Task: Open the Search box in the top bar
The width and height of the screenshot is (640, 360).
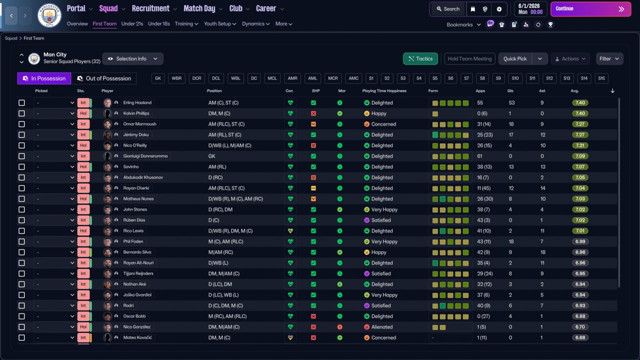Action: click(x=447, y=9)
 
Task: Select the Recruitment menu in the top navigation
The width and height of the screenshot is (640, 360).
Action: click(x=150, y=8)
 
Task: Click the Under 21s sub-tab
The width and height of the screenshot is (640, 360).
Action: click(x=132, y=24)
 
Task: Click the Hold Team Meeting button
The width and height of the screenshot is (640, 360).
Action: click(x=469, y=59)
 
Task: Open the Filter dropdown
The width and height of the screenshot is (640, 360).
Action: click(x=609, y=59)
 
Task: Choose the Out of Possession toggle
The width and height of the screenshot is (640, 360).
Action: click(x=104, y=78)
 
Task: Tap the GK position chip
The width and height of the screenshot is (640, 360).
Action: click(x=158, y=78)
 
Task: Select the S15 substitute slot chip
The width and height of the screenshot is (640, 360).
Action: click(x=601, y=78)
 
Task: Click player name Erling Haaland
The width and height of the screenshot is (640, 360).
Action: click(x=137, y=103)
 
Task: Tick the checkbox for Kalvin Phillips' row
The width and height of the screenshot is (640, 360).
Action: click(x=21, y=113)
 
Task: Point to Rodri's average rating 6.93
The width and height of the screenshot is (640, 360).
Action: click(x=580, y=305)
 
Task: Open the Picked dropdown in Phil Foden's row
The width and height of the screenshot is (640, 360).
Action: click(x=54, y=241)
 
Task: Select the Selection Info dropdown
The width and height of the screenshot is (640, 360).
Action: click(x=132, y=59)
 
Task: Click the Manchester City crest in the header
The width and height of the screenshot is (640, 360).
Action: click(x=49, y=15)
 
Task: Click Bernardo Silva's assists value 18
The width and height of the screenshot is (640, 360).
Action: click(x=542, y=252)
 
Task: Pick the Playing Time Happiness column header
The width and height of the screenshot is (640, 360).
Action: click(x=384, y=91)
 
